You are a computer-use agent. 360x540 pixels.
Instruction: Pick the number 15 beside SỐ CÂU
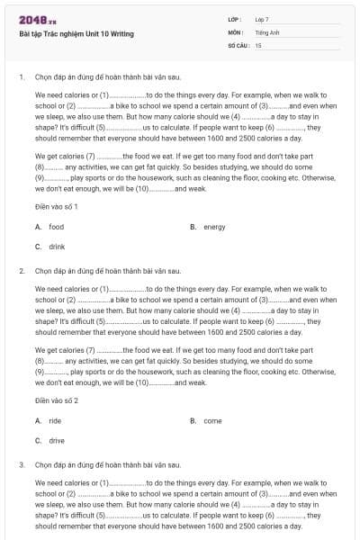(258, 44)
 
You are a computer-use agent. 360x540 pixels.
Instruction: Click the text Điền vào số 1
(57, 207)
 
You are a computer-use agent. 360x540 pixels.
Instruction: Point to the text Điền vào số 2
(57, 400)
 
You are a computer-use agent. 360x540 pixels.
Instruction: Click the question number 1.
(21, 76)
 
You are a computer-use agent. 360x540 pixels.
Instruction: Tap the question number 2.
(21, 270)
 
